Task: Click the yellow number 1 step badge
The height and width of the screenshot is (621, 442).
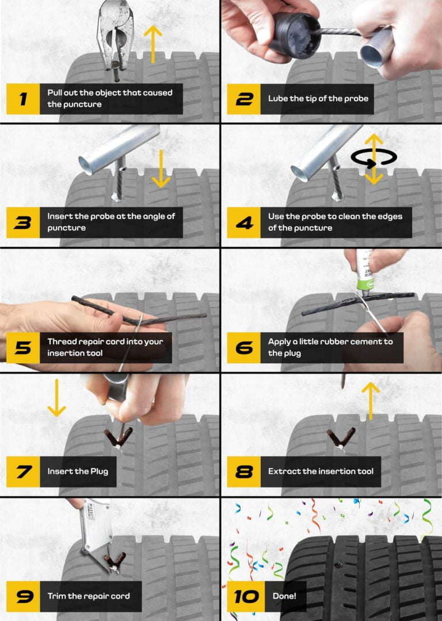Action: pos(23,98)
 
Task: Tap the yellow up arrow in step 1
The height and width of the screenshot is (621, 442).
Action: pos(153,44)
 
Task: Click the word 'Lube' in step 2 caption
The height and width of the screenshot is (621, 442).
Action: pos(278,98)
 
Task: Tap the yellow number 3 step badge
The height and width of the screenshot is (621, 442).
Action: pos(23,222)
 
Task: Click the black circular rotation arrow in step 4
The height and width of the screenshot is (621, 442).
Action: pos(374,158)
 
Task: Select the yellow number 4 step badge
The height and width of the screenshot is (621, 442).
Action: pos(244,222)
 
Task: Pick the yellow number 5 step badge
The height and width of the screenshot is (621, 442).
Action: pos(23,347)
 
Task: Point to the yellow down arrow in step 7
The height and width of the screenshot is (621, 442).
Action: pos(56,397)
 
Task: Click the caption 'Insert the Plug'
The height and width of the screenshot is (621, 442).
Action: pos(78,471)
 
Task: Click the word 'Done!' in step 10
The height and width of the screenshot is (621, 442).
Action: pos(284,596)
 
